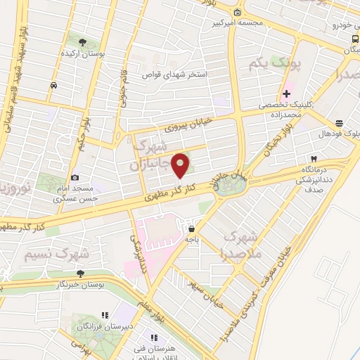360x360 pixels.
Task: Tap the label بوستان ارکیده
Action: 83,53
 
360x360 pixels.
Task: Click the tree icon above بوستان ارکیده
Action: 83,42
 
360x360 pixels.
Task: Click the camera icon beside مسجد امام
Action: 75,178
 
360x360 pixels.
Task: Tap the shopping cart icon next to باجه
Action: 191,228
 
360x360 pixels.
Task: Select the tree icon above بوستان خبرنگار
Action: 81,274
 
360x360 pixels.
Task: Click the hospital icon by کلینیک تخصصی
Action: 286,94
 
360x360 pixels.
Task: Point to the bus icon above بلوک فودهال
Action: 340,121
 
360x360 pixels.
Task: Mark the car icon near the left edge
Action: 53,85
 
